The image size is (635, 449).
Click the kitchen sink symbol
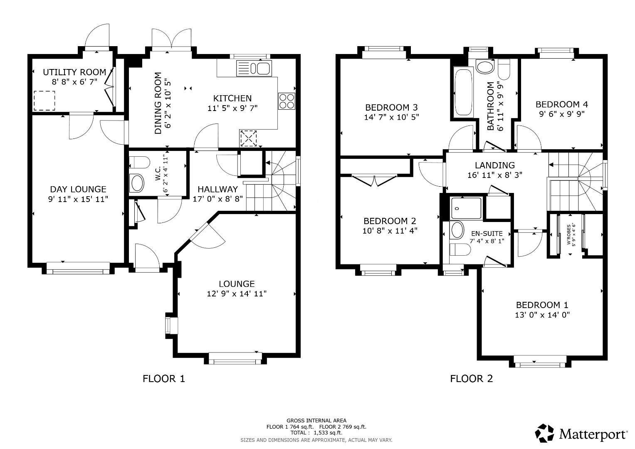tap(254, 68)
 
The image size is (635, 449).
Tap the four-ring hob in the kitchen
tap(286, 101)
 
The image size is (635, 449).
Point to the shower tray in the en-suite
tap(466, 208)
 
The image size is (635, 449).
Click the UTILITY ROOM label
tap(74, 72)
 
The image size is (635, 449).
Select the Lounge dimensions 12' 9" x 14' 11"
tap(237, 294)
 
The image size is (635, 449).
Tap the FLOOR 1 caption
tap(163, 379)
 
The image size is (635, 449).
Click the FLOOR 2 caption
tap(472, 379)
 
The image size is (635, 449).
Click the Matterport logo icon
tap(544, 434)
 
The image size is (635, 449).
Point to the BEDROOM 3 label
tap(391, 107)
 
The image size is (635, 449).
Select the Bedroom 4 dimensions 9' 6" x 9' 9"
tap(561, 114)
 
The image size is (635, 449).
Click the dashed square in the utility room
tap(44, 101)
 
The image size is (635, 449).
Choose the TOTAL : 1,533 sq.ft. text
tap(316, 433)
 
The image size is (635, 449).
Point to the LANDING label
tap(494, 165)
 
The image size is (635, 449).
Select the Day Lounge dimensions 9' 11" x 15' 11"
tap(78, 199)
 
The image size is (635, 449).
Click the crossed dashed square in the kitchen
tap(248, 138)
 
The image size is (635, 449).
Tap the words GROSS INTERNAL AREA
tap(316, 421)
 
